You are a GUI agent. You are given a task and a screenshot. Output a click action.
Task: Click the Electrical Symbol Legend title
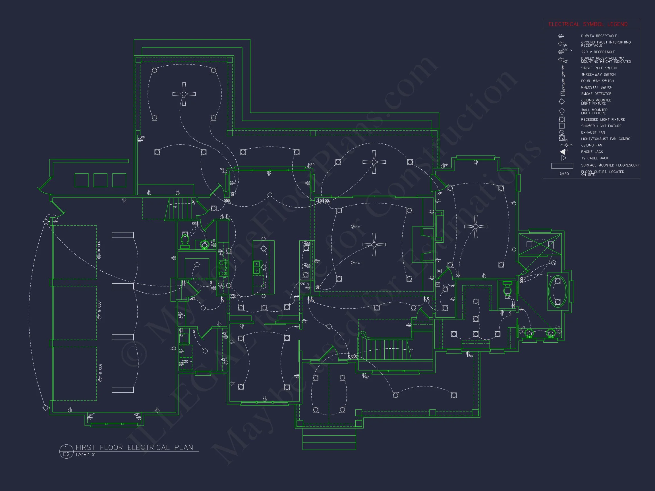pyautogui.click(x=588, y=24)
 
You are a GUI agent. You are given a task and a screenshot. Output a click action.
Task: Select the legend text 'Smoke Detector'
pyautogui.click(x=596, y=94)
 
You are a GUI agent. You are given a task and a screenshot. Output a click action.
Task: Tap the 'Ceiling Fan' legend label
pyautogui.click(x=592, y=145)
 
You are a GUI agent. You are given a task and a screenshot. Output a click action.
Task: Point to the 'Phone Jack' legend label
pyautogui.click(x=592, y=152)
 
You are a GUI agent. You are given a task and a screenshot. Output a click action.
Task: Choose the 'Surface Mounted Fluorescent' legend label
pyautogui.click(x=610, y=165)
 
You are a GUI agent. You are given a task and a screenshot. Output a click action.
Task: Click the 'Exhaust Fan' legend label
pyautogui.click(x=593, y=132)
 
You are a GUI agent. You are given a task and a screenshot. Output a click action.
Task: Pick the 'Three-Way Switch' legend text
pyautogui.click(x=598, y=74)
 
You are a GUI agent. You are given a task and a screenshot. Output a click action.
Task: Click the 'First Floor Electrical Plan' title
pyautogui.click(x=134, y=447)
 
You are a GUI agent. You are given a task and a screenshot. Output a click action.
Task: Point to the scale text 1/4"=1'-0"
pyautogui.click(x=86, y=455)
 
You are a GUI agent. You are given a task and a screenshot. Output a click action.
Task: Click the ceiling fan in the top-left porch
pyautogui.click(x=184, y=94)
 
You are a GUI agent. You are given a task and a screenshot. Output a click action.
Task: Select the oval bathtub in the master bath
pyautogui.click(x=557, y=292)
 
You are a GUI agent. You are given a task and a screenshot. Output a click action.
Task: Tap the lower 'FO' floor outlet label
pyautogui.click(x=358, y=263)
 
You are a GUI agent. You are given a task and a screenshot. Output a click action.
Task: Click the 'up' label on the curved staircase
pyautogui.click(x=411, y=349)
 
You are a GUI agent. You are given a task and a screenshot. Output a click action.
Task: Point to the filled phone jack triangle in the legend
pyautogui.click(x=562, y=152)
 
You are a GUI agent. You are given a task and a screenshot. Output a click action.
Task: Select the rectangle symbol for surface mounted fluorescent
pyautogui.click(x=562, y=166)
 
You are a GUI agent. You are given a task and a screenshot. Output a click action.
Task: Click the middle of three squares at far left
pyautogui.click(x=100, y=180)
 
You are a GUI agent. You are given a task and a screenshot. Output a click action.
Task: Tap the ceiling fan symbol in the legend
pyautogui.click(x=566, y=145)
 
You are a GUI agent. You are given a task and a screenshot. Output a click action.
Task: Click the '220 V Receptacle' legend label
pyautogui.click(x=598, y=52)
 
